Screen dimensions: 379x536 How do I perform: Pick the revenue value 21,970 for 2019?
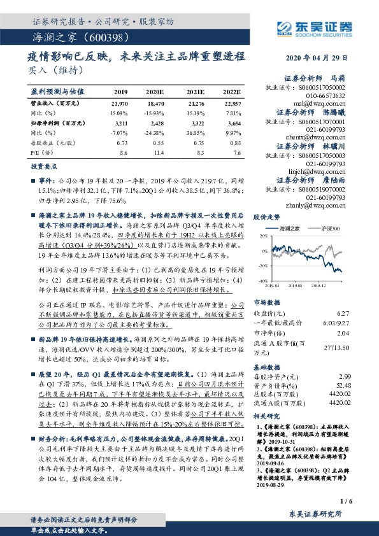(x=120, y=103)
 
